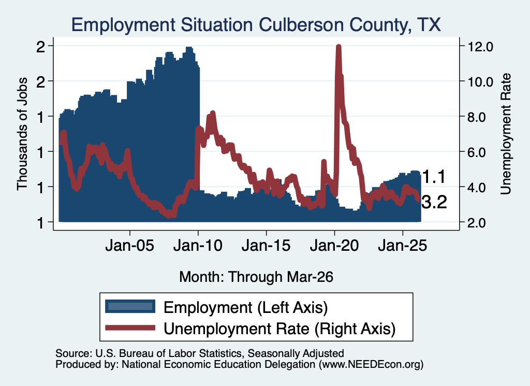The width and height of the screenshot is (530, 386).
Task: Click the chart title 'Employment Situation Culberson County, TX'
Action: click(256, 25)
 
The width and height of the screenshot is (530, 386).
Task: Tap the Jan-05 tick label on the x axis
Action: click(129, 246)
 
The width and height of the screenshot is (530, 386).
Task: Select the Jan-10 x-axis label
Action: click(198, 246)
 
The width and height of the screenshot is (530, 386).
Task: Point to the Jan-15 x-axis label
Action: click(266, 246)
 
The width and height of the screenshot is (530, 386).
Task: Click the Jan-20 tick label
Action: click(334, 246)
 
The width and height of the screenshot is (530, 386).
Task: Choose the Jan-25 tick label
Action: click(403, 246)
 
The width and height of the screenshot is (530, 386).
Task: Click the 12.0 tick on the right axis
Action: click(480, 46)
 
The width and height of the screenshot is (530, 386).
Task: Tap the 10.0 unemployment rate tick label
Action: click(480, 81)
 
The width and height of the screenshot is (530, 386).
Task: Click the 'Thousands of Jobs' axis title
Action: click(22, 134)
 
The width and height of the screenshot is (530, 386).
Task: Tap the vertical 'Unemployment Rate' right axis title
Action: click(506, 134)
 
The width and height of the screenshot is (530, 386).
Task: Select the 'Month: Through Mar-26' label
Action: click(256, 277)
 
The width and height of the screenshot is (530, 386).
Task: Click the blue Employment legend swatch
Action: click(130, 307)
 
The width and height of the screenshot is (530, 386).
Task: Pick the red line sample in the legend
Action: click(130, 328)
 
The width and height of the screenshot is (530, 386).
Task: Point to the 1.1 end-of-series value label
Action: click(434, 177)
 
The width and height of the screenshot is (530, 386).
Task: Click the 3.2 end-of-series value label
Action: click(434, 202)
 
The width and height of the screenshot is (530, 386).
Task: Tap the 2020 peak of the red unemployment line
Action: click(338, 46)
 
